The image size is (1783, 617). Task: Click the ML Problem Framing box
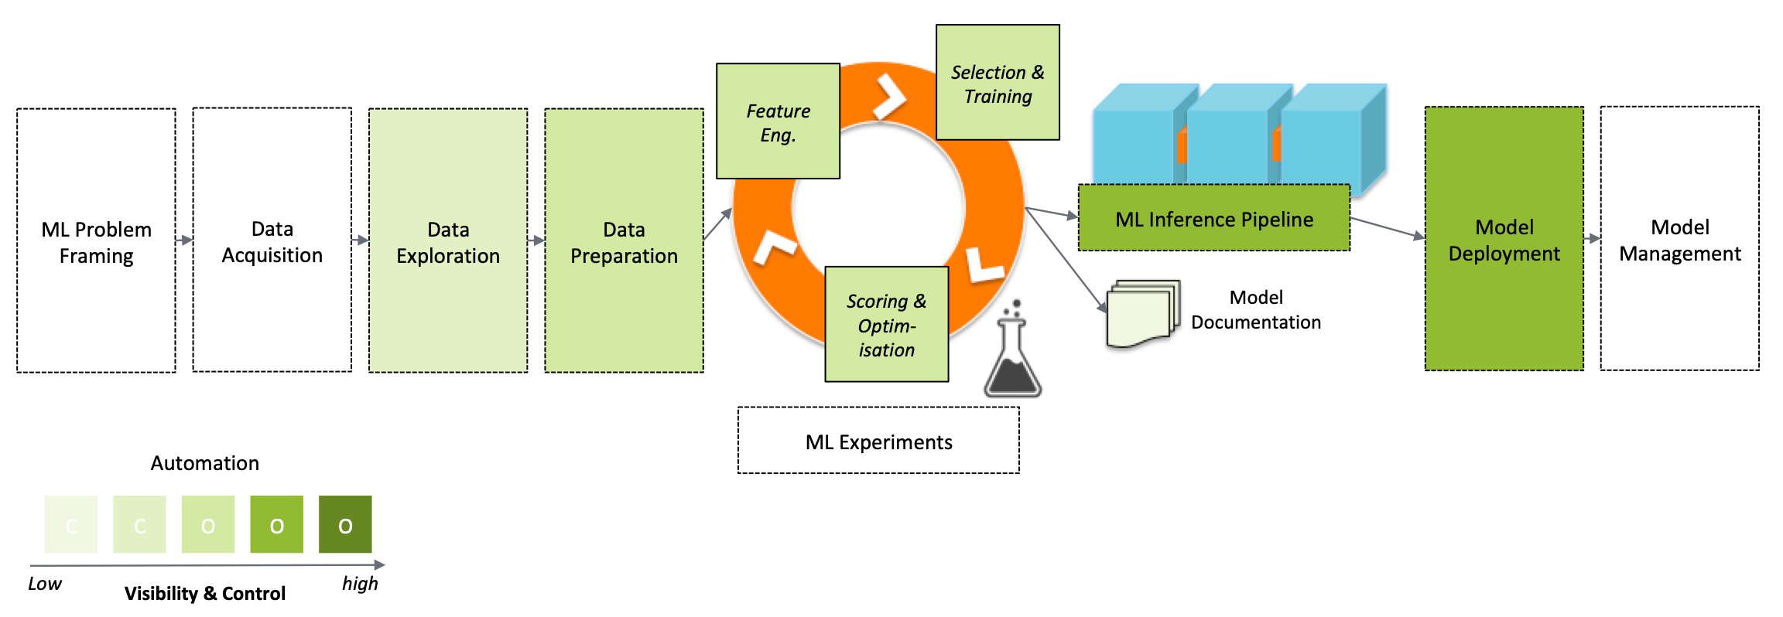[x=96, y=241]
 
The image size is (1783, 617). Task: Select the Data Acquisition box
[x=272, y=241]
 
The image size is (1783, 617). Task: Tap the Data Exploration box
[x=448, y=241]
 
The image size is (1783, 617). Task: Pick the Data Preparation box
[x=624, y=241]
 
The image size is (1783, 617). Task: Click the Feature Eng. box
[x=778, y=122]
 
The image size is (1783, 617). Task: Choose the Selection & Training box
[x=998, y=83]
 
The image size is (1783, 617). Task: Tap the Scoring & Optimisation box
[x=886, y=325]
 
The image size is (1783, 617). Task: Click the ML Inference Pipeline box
[x=1213, y=219]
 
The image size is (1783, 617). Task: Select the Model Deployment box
[x=1504, y=240]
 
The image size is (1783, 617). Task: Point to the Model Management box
[x=1679, y=240]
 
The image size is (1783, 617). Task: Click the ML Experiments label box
[x=878, y=441]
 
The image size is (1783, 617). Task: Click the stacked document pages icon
[x=1142, y=314]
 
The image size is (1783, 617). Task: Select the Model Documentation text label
[x=1255, y=309]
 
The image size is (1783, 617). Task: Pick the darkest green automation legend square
[x=345, y=525]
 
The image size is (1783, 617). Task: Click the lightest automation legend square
[x=71, y=525]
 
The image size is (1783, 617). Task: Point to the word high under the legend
[x=360, y=584]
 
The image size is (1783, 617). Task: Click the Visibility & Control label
[x=205, y=594]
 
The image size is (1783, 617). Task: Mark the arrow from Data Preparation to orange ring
[x=717, y=224]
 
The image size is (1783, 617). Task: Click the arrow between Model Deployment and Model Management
[x=1592, y=239]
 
